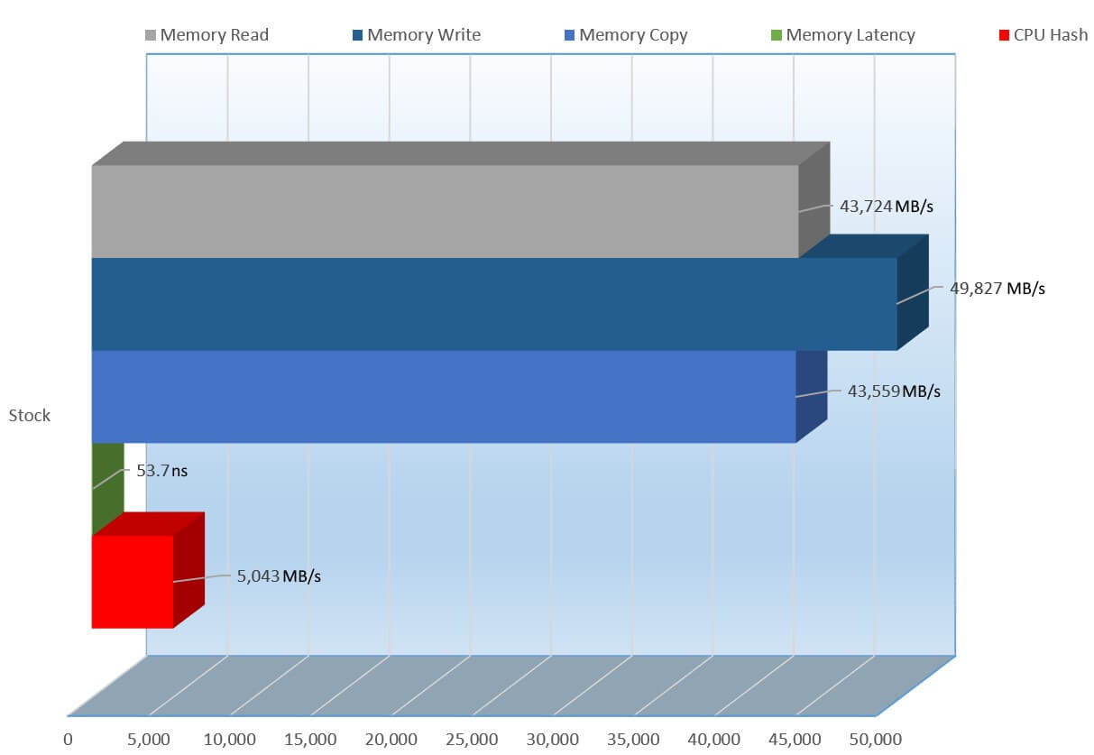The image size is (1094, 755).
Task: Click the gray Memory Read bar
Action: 445,211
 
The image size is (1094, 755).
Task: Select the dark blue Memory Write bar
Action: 493,304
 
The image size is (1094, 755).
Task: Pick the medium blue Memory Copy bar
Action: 443,396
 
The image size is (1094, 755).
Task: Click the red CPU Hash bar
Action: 133,581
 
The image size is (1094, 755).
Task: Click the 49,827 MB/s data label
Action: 997,289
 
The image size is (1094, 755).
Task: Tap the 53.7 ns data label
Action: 162,470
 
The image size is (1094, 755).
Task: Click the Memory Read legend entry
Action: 207,35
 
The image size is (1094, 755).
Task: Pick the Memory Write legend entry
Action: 416,35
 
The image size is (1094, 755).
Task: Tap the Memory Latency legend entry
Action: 842,35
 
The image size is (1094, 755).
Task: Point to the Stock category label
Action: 30,416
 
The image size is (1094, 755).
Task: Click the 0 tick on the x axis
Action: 68,740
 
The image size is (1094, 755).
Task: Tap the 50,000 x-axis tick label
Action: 875,740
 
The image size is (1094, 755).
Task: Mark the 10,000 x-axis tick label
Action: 229,740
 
